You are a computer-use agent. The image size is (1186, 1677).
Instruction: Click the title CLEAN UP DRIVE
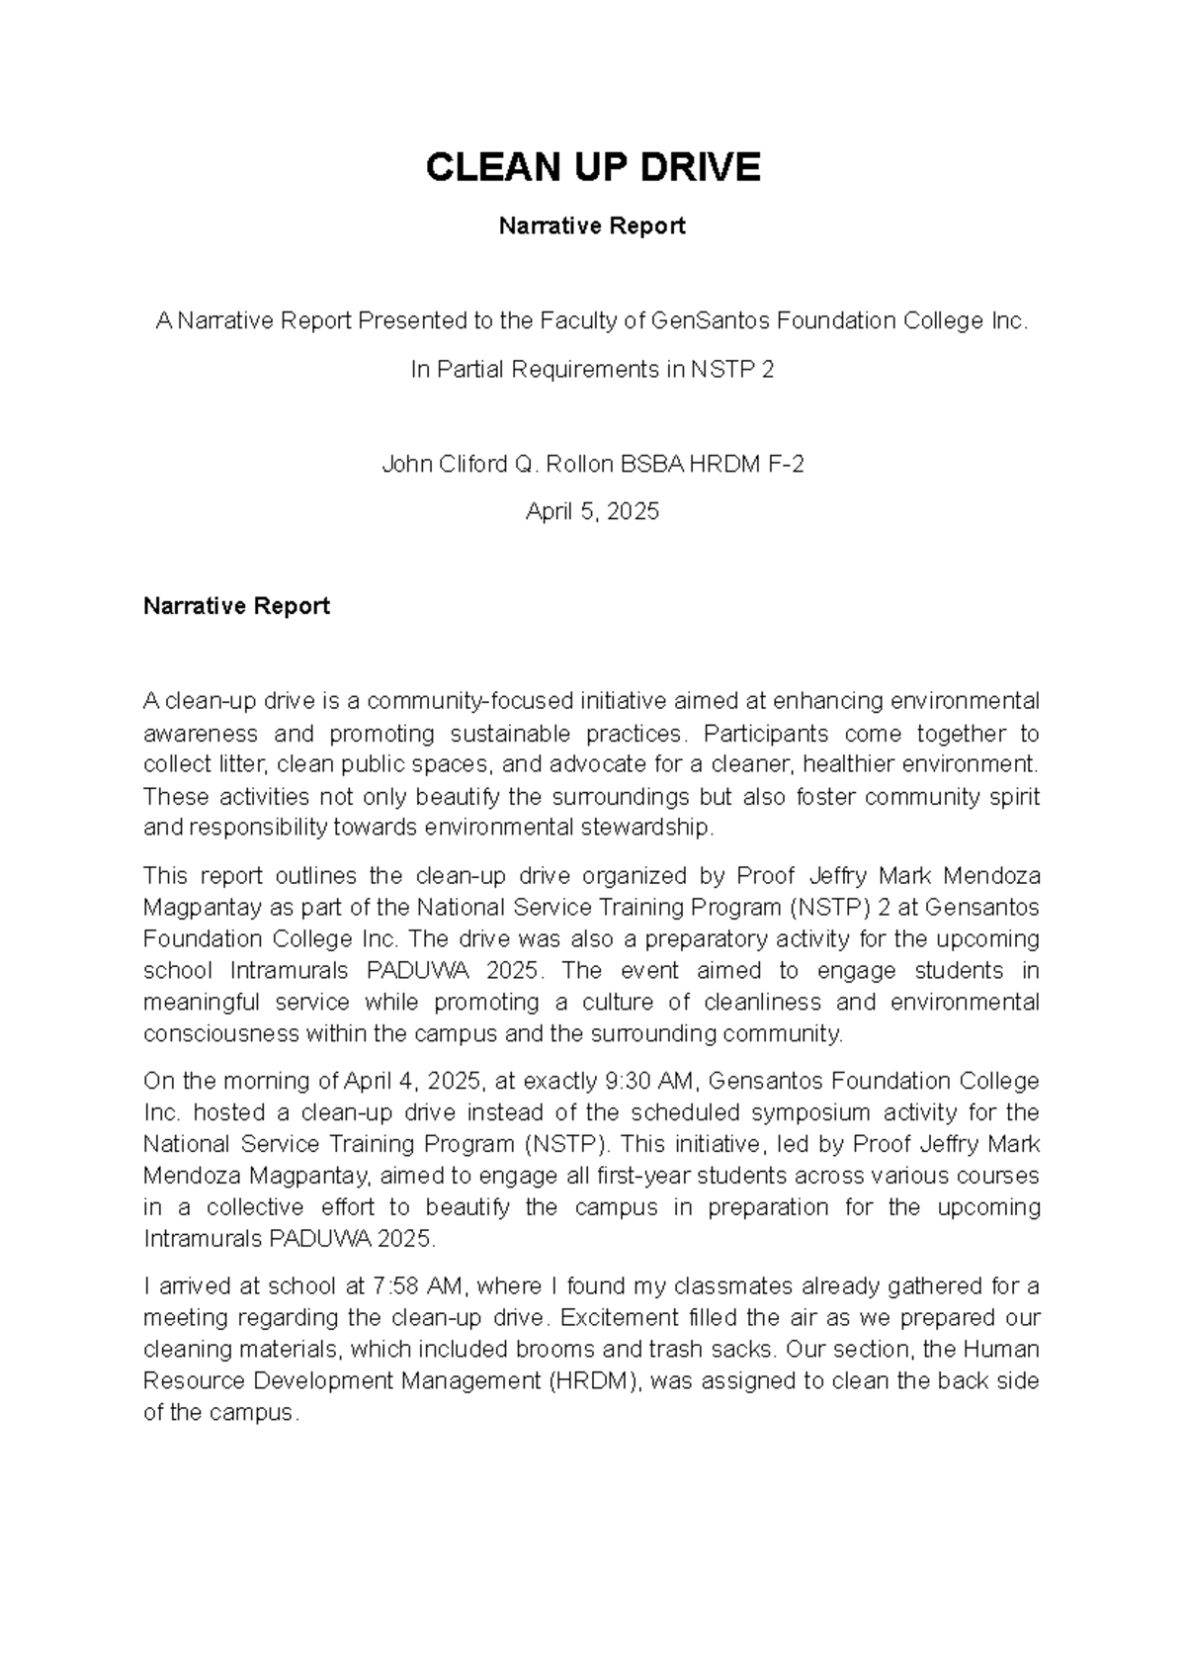(x=592, y=168)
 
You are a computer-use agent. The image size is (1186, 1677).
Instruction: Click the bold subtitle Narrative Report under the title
(x=592, y=226)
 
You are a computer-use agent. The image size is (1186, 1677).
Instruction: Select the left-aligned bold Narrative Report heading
(x=236, y=606)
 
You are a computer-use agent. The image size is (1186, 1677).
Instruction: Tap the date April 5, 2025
(x=592, y=512)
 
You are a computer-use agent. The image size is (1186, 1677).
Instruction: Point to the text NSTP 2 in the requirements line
(x=732, y=370)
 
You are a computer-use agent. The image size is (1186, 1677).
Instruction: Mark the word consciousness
(x=222, y=1033)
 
